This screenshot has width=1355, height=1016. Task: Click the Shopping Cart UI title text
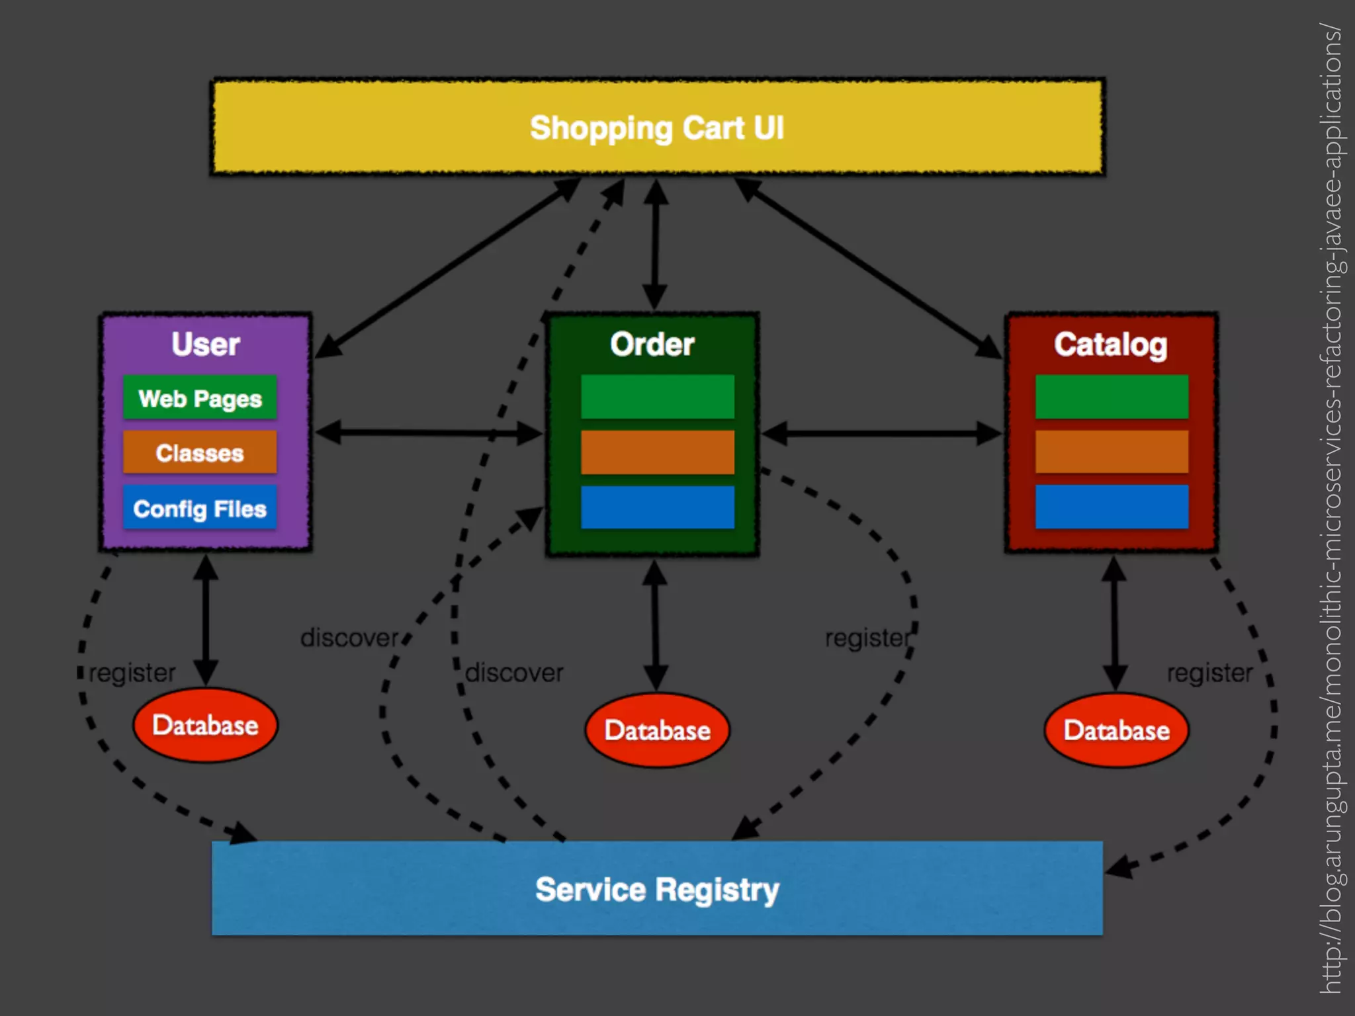656,128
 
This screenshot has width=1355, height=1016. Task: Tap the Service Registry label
656,889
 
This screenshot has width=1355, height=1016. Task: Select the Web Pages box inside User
200,398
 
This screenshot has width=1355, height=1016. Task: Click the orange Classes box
200,452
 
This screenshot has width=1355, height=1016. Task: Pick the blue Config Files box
200,508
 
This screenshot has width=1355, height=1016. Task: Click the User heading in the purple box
205,344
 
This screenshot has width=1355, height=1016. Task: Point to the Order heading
652,344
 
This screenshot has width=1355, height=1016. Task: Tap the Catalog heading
1111,344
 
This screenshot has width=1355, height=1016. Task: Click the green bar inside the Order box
657,396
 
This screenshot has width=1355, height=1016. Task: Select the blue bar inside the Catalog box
1112,507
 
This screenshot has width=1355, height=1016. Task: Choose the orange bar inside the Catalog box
1112,452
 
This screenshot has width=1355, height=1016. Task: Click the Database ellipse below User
205,725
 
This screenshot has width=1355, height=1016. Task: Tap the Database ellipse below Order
657,730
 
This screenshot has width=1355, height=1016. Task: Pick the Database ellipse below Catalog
1116,730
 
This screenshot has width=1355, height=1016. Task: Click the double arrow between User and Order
429,433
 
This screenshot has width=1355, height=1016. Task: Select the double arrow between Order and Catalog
881,434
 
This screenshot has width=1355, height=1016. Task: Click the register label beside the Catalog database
1209,673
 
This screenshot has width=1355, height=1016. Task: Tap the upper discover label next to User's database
349,638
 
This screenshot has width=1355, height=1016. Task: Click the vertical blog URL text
1331,508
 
